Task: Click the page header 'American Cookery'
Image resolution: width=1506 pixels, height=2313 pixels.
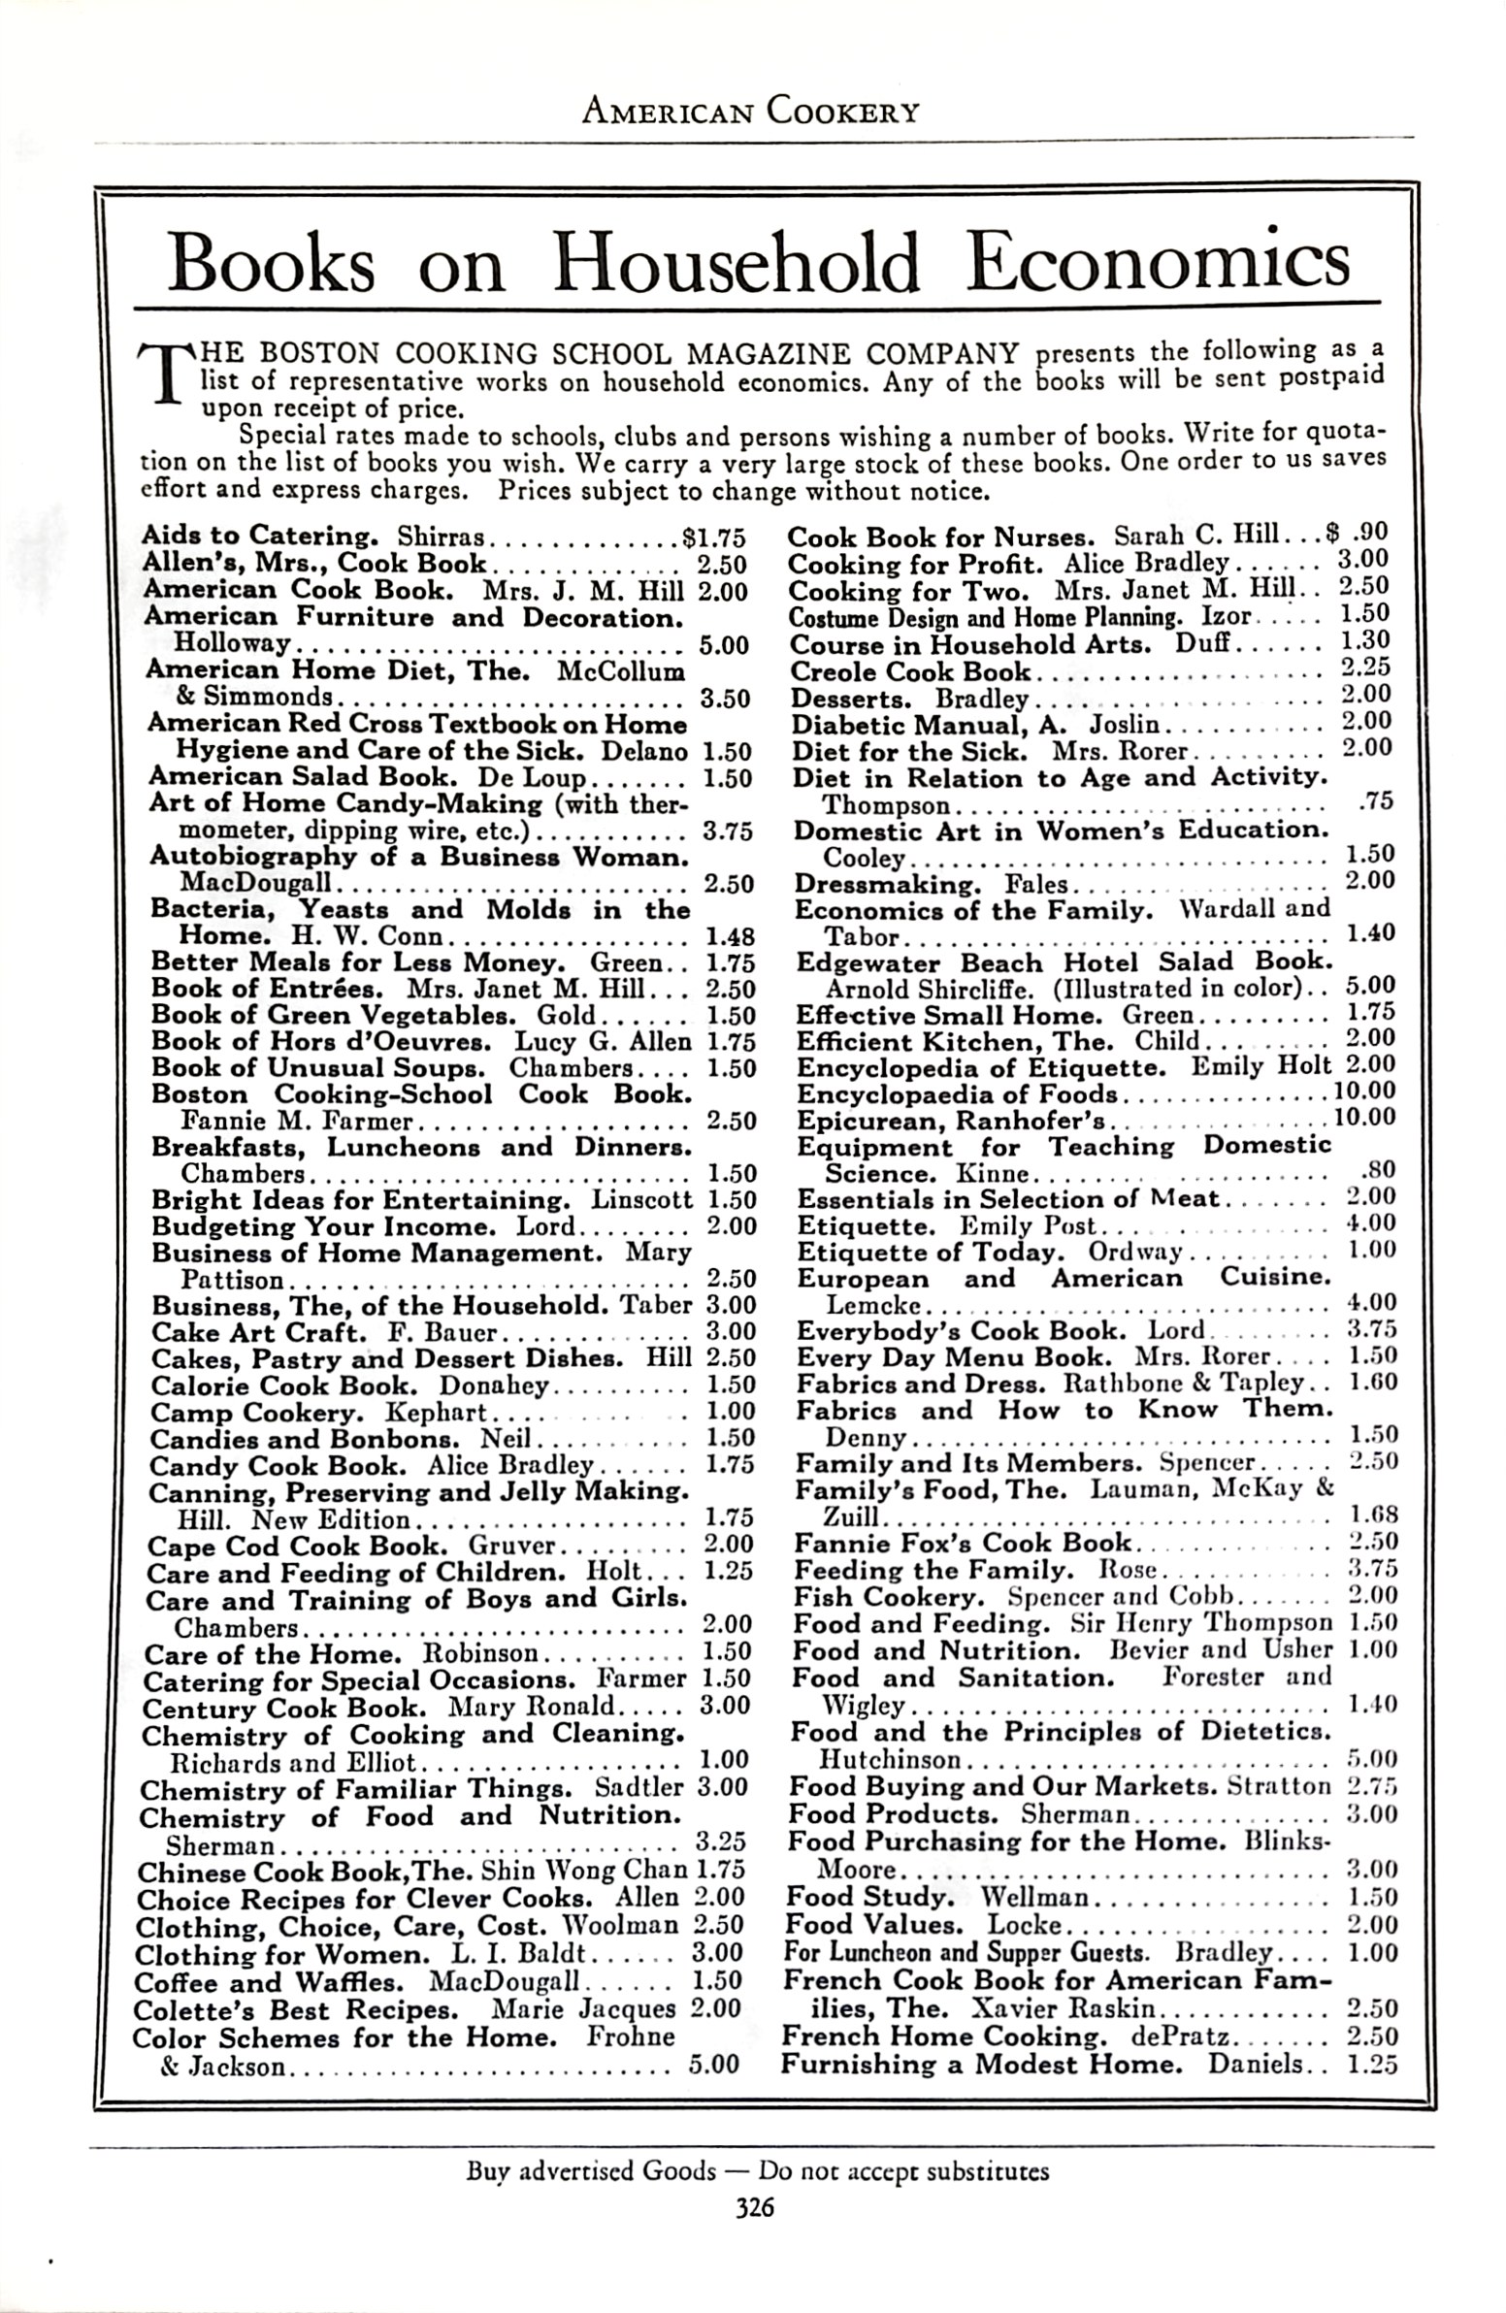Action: pos(749,112)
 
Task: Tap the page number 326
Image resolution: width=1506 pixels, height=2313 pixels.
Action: pos(754,2208)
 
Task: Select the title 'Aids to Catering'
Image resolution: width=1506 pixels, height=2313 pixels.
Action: pos(260,536)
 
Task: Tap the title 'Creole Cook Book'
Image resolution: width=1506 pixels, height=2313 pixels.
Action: pos(910,671)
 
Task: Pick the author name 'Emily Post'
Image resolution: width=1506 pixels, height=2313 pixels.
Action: pos(1028,1225)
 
